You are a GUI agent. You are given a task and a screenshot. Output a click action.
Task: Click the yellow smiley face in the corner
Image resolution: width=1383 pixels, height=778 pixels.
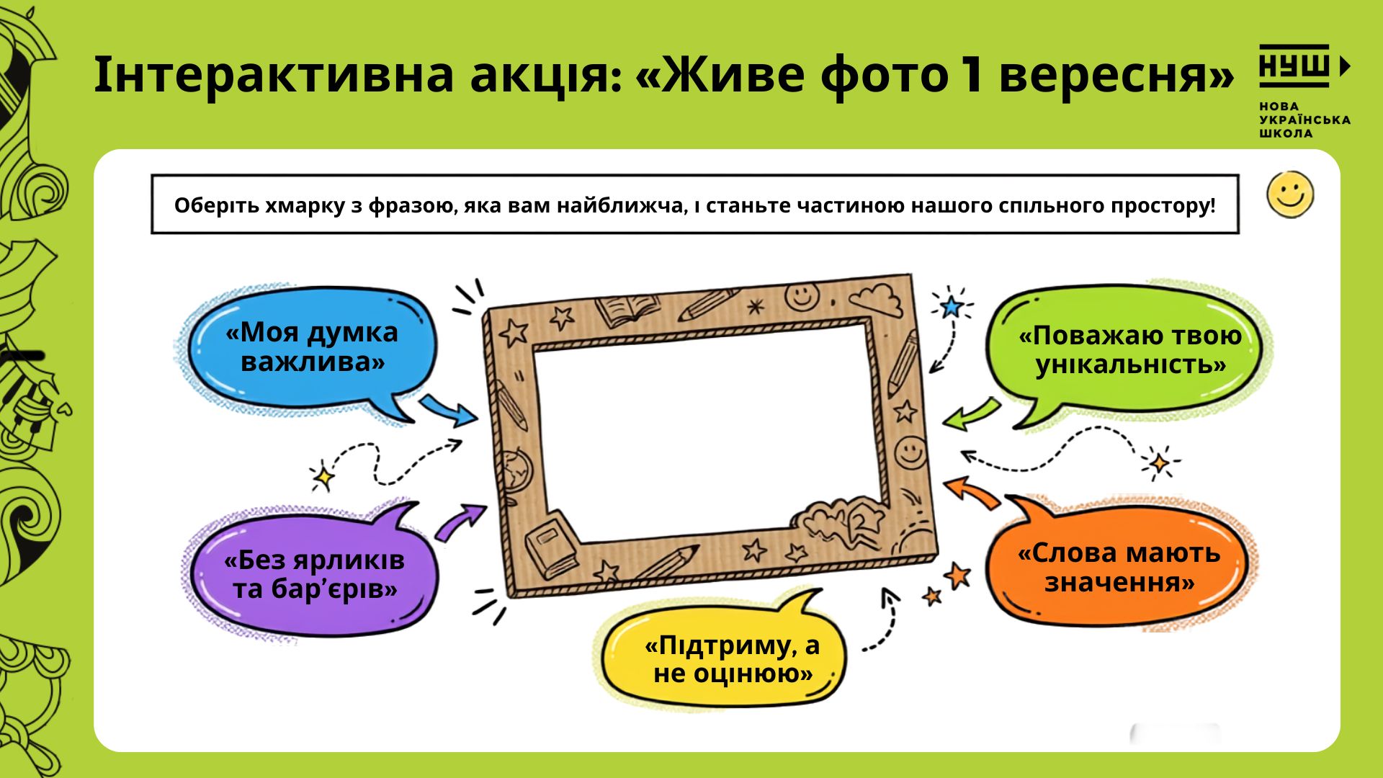[x=1290, y=194]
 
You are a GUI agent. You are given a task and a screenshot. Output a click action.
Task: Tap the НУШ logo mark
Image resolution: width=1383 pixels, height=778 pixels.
[x=1304, y=66]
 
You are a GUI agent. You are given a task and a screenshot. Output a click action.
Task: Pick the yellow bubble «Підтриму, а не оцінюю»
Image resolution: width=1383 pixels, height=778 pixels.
[x=724, y=652]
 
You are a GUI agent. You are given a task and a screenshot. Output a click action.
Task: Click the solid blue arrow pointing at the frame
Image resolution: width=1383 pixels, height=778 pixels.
[x=448, y=411]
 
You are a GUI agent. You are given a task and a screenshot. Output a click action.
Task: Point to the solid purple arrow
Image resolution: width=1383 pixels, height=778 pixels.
[x=461, y=520]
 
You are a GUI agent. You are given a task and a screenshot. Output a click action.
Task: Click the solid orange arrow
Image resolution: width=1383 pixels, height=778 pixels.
[x=972, y=493]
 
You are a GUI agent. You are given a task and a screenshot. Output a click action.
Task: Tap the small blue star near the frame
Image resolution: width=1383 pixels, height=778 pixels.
[x=952, y=307]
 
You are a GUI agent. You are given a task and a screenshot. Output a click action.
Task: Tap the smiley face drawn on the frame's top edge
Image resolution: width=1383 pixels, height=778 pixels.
[x=802, y=295]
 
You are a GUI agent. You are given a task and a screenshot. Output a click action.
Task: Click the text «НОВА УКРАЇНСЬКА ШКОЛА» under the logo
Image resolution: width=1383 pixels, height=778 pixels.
[x=1304, y=120]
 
